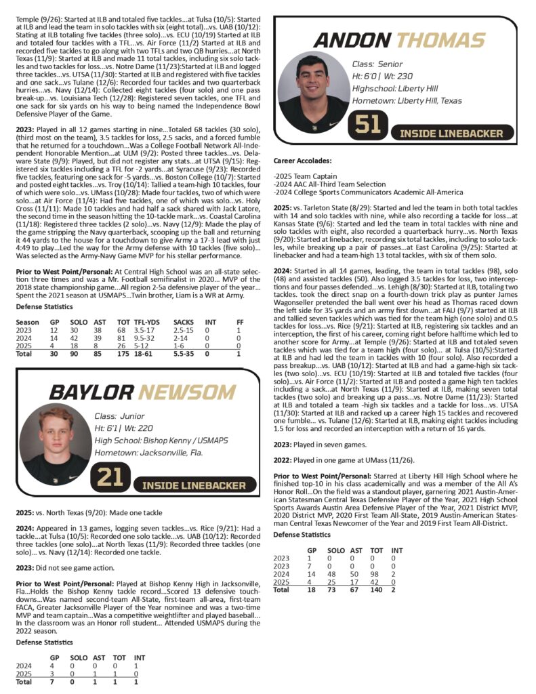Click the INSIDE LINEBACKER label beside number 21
(194, 485)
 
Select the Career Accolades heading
(303, 161)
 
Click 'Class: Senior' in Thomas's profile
(377, 64)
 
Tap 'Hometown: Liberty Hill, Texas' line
(407, 100)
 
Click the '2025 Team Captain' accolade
(305, 176)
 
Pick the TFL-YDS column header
(146, 321)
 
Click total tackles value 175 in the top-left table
(123, 353)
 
